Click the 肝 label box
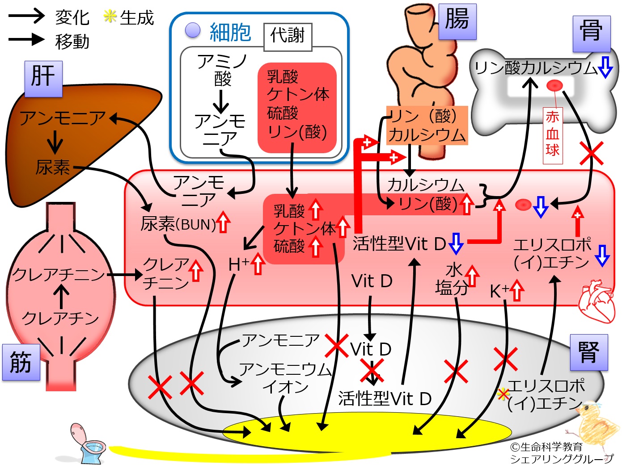coord(43,79)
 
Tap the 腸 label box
coord(457,21)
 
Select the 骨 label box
coord(591,33)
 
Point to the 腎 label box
coord(589,352)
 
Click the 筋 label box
coord(21,362)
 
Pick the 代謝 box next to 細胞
coord(288,35)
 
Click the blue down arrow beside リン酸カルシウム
coord(605,67)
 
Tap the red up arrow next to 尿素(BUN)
coord(223,222)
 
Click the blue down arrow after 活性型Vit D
coord(456,243)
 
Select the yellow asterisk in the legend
coord(110,17)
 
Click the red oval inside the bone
coord(554,85)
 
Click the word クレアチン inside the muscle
coord(60,318)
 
